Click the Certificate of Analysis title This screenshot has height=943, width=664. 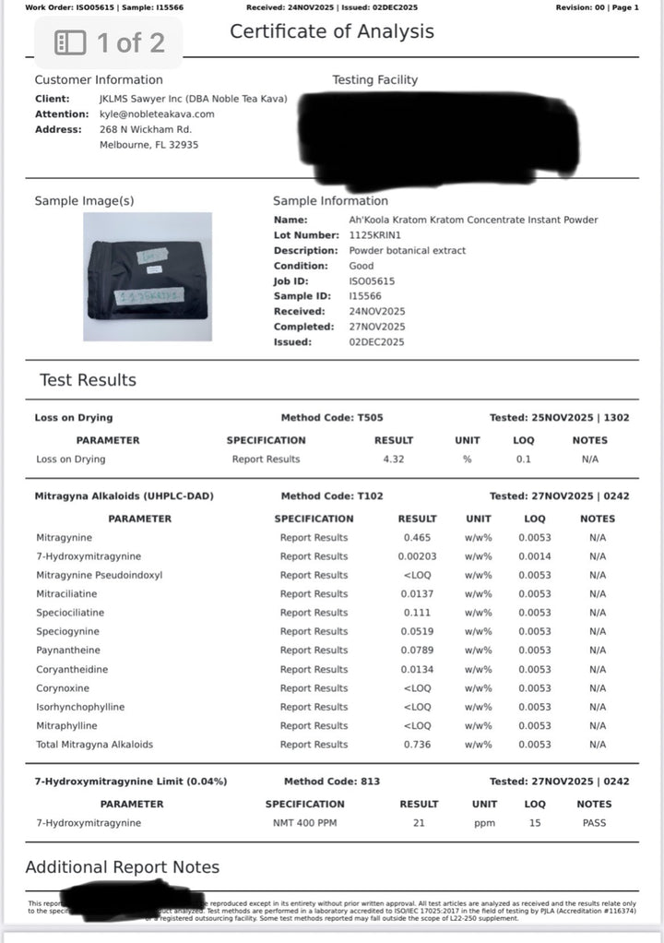click(x=331, y=31)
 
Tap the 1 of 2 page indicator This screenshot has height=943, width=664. click(x=110, y=42)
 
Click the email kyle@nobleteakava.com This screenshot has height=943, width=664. click(x=157, y=114)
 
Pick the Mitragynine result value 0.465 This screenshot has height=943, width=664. click(x=417, y=538)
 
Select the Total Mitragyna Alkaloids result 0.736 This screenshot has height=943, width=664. click(x=417, y=745)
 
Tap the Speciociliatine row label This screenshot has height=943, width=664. click(x=70, y=613)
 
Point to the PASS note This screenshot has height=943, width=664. click(x=595, y=823)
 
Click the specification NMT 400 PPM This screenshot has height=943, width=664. click(x=304, y=823)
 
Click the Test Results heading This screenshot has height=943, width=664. click(x=88, y=380)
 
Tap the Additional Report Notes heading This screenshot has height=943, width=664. click(x=122, y=867)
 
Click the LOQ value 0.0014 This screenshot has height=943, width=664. click(x=534, y=556)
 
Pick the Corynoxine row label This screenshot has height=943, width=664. click(x=63, y=688)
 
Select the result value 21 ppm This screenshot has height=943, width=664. click(x=419, y=823)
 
